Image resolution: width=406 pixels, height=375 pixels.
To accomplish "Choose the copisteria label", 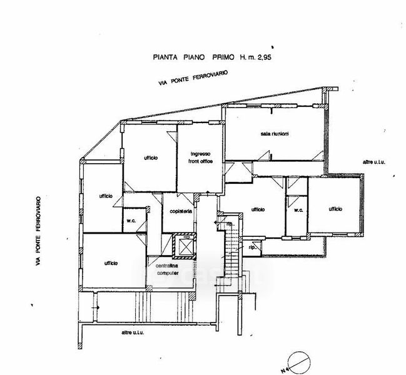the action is pyautogui.click(x=180, y=212).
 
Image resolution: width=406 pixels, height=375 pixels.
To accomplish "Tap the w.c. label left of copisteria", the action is pyautogui.click(x=133, y=221).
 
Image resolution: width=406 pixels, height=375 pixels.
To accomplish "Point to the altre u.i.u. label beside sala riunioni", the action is pyautogui.click(x=372, y=162).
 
